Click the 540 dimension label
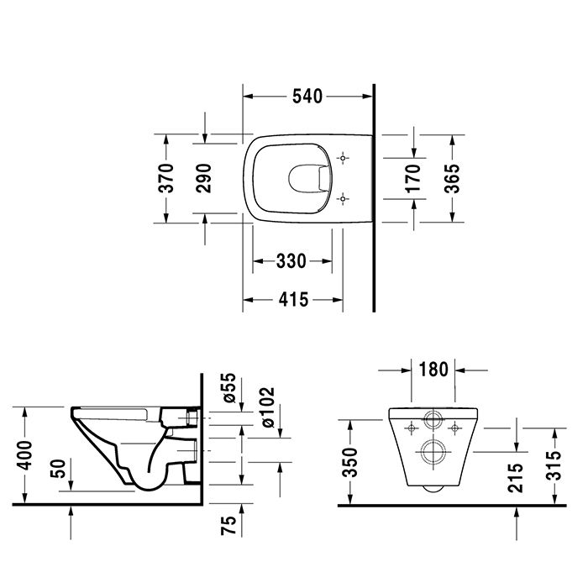pos(307,97)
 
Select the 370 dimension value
pos(167,178)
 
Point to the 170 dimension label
pos(414,178)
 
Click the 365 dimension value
pos(451,178)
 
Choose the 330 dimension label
pos(291,261)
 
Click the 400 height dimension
pos(25,456)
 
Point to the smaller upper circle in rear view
pos(433,421)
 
